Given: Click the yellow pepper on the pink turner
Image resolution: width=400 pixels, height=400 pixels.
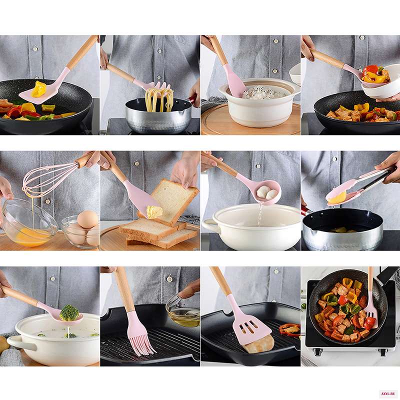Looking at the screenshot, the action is point(39,89).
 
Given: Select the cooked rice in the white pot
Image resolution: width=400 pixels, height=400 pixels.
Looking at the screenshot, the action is point(263,92).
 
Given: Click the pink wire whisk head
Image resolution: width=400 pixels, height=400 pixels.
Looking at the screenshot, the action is point(49,179).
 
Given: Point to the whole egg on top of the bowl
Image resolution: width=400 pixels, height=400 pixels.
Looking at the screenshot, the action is point(87,219).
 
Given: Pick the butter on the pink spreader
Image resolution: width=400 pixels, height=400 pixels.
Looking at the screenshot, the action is point(154,212).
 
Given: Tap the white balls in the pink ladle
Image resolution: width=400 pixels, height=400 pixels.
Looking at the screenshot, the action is point(267,193).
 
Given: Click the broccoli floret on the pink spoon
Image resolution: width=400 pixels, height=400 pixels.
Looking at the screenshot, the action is point(69,313).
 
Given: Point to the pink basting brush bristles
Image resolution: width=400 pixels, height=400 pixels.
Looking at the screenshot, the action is point(142,339).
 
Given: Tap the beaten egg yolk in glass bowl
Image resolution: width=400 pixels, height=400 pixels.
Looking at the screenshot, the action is point(31,237).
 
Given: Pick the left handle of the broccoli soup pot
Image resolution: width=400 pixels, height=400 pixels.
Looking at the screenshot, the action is point(21,343).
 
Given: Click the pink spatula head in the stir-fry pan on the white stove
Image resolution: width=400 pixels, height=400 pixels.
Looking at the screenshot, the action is point(371,317).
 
